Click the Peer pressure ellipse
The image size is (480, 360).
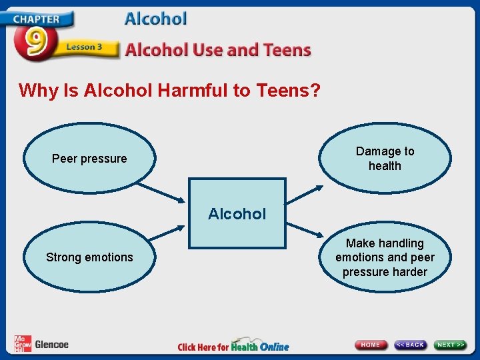coord(89,159)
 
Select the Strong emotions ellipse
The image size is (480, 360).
coord(89,257)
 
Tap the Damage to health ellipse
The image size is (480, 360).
coord(385,159)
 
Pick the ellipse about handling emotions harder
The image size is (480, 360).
coord(385,257)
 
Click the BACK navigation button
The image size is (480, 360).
coord(410,345)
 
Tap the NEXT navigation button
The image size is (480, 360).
coord(451,345)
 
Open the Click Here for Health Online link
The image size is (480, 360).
coord(233,346)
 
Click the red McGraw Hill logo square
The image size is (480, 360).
coord(22,344)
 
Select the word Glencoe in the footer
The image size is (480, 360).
coord(51,345)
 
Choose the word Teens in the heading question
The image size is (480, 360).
coord(287,90)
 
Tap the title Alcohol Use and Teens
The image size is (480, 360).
coord(218,50)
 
